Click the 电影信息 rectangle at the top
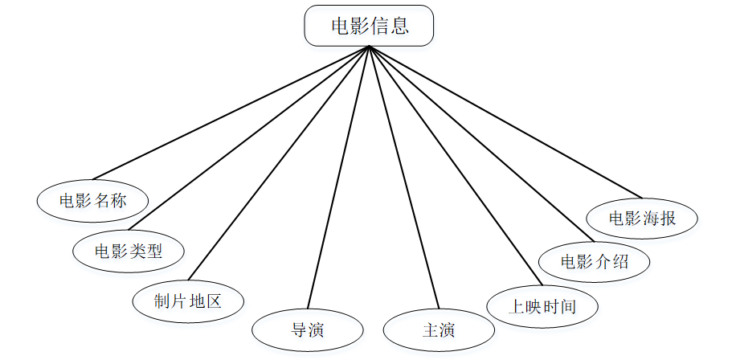(x=369, y=26)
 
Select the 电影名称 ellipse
(x=93, y=200)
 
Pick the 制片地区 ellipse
(x=187, y=301)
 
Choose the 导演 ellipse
(x=308, y=329)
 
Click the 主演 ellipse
(x=439, y=329)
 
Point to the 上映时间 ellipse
(x=543, y=306)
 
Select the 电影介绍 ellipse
(x=594, y=262)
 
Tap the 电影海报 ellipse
(x=642, y=218)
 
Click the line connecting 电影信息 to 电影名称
(x=231, y=112)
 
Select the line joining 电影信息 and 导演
(x=338, y=178)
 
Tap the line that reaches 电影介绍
(x=480, y=142)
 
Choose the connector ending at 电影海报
(x=505, y=121)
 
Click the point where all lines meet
(x=369, y=47)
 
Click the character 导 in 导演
(x=298, y=329)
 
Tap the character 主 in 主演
(x=429, y=329)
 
